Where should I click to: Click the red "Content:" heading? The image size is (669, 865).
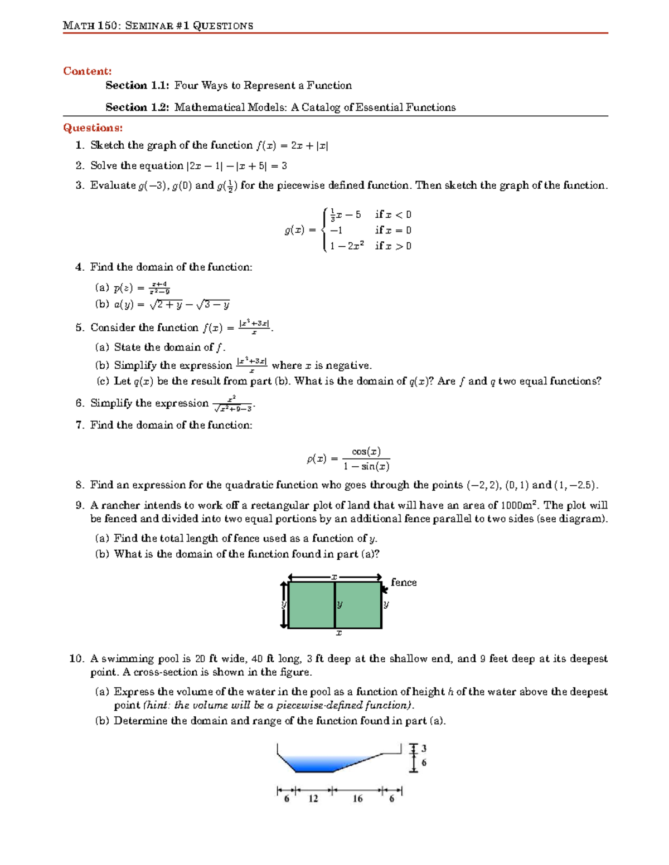87,71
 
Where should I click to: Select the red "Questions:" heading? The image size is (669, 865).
93,128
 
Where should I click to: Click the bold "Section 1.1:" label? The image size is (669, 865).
137,85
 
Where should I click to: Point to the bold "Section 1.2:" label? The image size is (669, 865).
137,107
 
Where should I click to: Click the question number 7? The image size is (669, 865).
80,425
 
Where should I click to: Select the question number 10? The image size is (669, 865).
76,658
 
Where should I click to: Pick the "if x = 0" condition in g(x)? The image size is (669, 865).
393,230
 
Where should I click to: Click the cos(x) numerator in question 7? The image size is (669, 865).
366,452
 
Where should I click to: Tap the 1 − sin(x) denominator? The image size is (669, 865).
366,467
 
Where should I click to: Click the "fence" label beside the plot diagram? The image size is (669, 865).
404,582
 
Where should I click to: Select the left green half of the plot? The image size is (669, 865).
311,605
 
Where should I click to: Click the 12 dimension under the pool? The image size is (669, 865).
313,799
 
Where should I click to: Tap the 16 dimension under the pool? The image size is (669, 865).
357,799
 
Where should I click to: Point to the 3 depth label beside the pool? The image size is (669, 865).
424,748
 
